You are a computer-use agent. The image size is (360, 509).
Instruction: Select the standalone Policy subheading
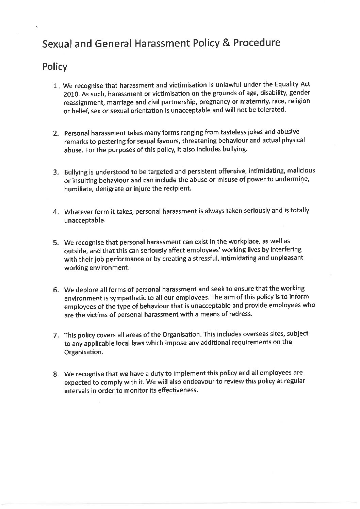click(x=55, y=67)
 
